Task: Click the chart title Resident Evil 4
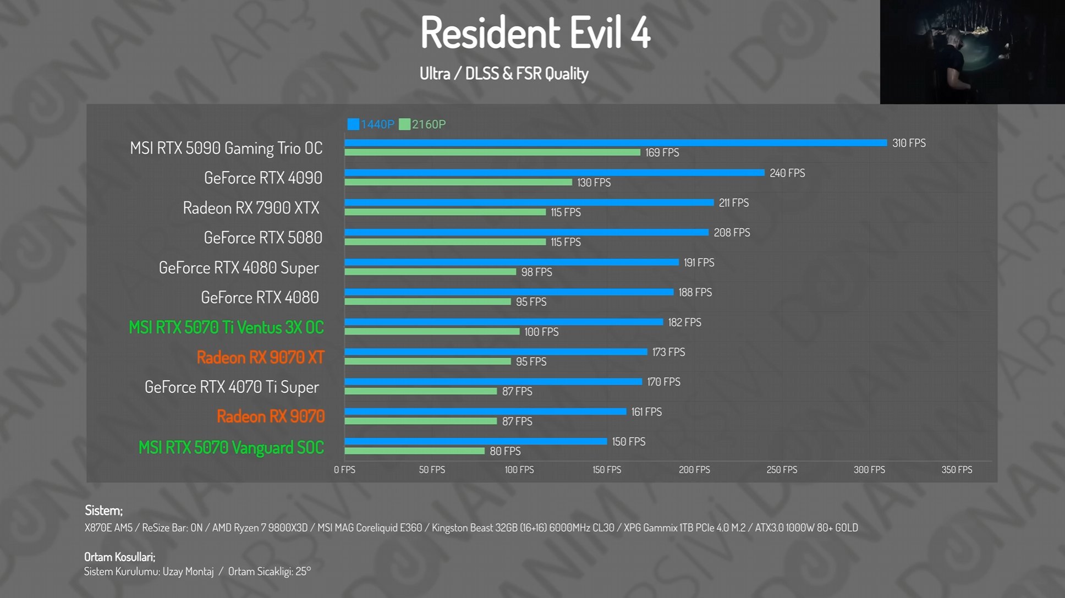coord(535,32)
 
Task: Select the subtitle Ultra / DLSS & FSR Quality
coord(504,74)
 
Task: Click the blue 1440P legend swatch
coord(353,124)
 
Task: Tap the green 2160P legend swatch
coord(405,124)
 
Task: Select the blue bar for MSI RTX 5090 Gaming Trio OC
coord(616,143)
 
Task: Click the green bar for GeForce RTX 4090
coord(458,182)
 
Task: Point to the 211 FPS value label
coord(734,203)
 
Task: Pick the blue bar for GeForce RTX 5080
coord(526,233)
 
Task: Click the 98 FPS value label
coord(536,272)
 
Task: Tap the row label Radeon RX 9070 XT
coord(261,358)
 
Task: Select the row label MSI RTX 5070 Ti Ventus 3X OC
coord(226,327)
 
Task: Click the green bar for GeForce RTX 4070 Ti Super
coord(421,391)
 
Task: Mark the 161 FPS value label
coord(646,412)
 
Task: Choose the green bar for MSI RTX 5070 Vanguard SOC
coord(415,451)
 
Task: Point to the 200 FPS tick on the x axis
coord(694,470)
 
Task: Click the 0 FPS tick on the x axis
coord(345,470)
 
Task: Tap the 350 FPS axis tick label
coord(957,470)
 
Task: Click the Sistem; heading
coord(103,511)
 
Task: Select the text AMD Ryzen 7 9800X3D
coord(260,528)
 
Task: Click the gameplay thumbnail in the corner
coord(972,52)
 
